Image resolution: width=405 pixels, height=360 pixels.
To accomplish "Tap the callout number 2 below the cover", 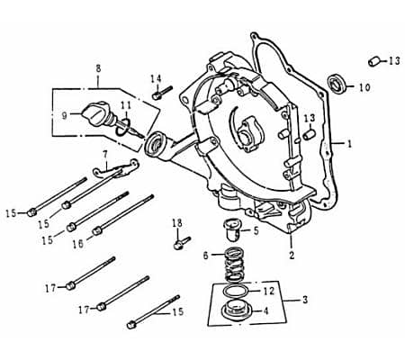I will coord(291,255).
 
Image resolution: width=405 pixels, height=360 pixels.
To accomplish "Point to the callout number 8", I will coord(96,67).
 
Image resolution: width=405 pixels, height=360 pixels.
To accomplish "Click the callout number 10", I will coord(364,87).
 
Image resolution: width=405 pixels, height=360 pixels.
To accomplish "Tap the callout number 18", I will coord(176,222).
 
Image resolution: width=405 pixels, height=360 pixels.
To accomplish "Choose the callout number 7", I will coord(104,154).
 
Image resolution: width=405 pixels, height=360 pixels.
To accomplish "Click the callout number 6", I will coord(205,256).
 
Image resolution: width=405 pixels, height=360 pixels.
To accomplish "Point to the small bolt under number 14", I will coord(160,92).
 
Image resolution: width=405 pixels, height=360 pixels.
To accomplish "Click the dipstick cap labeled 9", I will coord(93,114).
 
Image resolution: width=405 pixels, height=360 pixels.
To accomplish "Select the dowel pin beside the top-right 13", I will coord(371,61).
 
